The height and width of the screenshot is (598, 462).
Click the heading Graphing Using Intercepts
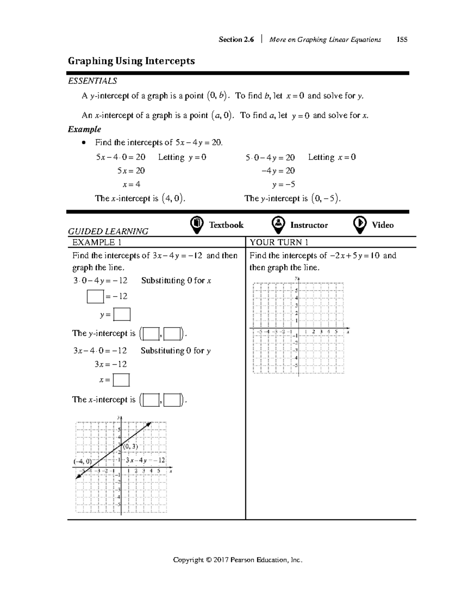point(131,61)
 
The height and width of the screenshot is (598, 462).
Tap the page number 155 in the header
point(402,39)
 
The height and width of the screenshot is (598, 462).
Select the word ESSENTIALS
point(92,81)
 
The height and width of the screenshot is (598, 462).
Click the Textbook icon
point(197,224)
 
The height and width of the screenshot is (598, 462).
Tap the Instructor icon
point(278,224)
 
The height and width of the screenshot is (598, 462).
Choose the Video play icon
point(360,224)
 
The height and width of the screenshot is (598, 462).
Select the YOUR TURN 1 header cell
point(279,242)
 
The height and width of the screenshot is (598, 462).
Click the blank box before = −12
point(95,296)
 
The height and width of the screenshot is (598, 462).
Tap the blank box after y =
point(122,315)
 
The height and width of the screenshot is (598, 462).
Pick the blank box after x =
point(121,380)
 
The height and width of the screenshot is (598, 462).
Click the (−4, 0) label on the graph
point(83,461)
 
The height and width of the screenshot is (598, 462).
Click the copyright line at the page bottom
point(238,559)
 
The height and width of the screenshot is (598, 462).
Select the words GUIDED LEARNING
point(108,231)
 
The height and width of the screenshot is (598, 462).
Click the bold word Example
point(84,129)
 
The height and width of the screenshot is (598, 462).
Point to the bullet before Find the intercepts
point(84,143)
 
